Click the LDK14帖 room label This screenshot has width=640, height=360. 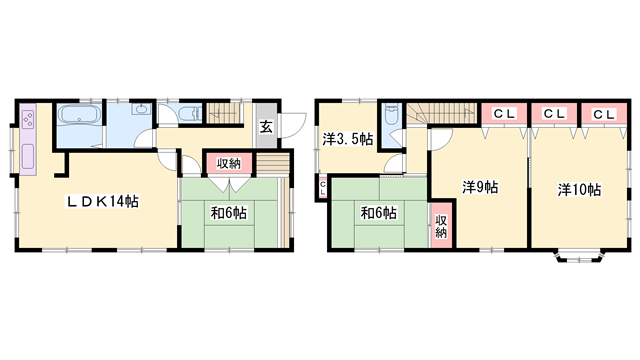click(103, 201)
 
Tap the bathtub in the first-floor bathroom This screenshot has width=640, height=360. click(79, 114)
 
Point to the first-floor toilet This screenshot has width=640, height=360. click(190, 113)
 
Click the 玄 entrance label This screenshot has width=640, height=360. click(266, 127)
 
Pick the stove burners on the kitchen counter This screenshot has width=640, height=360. click(28, 118)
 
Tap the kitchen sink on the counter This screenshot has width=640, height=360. click(28, 156)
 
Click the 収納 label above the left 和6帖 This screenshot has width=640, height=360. click(229, 164)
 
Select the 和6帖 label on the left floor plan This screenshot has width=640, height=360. click(229, 213)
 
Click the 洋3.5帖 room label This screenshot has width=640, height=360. click(348, 140)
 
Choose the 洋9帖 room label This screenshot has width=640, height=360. click(480, 187)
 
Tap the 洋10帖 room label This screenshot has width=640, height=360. click(579, 189)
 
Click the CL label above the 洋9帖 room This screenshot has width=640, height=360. click(505, 114)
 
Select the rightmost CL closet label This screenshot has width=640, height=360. click(604, 115)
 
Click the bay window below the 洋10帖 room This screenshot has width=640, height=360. click(578, 255)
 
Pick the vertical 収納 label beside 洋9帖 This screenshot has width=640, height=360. click(441, 227)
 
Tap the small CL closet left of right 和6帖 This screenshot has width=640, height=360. click(323, 188)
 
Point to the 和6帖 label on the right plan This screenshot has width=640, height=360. click(378, 213)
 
